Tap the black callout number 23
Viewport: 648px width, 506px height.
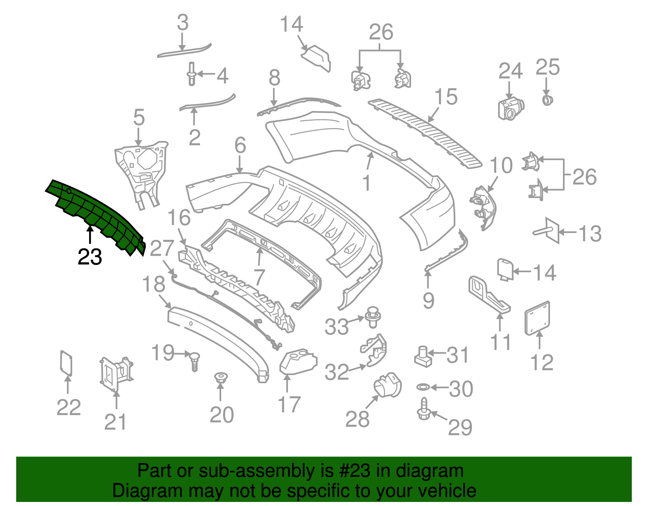pyautogui.click(x=90, y=257)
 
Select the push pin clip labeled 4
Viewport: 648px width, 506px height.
pyautogui.click(x=192, y=74)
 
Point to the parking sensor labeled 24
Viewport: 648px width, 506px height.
pyautogui.click(x=511, y=109)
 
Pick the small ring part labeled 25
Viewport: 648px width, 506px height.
pyautogui.click(x=547, y=100)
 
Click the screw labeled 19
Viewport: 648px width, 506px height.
pyautogui.click(x=195, y=362)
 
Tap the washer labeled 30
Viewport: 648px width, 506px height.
pyautogui.click(x=424, y=387)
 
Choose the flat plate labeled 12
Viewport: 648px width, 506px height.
pyautogui.click(x=537, y=318)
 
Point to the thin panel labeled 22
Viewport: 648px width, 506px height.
pyautogui.click(x=66, y=363)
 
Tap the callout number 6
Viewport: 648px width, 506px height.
pyautogui.click(x=240, y=145)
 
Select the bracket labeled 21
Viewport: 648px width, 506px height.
pyautogui.click(x=116, y=374)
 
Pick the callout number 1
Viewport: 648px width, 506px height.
pyautogui.click(x=367, y=182)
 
